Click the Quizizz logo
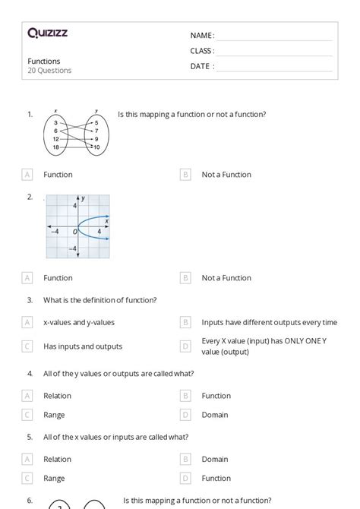coord(47,33)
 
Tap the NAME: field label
coord(202,36)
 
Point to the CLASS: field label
coord(202,51)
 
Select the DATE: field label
coord(202,66)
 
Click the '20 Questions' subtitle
coord(49,71)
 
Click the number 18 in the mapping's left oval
coord(55,147)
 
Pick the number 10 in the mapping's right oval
coord(96,147)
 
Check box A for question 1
coord(28,175)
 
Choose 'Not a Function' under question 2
coord(226,278)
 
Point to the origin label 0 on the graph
coord(75,231)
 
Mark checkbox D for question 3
coord(185,346)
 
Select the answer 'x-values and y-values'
coord(79,322)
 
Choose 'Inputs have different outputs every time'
coord(269,322)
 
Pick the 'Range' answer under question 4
coord(54,415)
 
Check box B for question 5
coord(185,459)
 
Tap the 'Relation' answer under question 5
coord(57,459)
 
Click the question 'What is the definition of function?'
coord(99,300)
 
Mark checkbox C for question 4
coord(28,415)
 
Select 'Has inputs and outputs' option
coord(83,346)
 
